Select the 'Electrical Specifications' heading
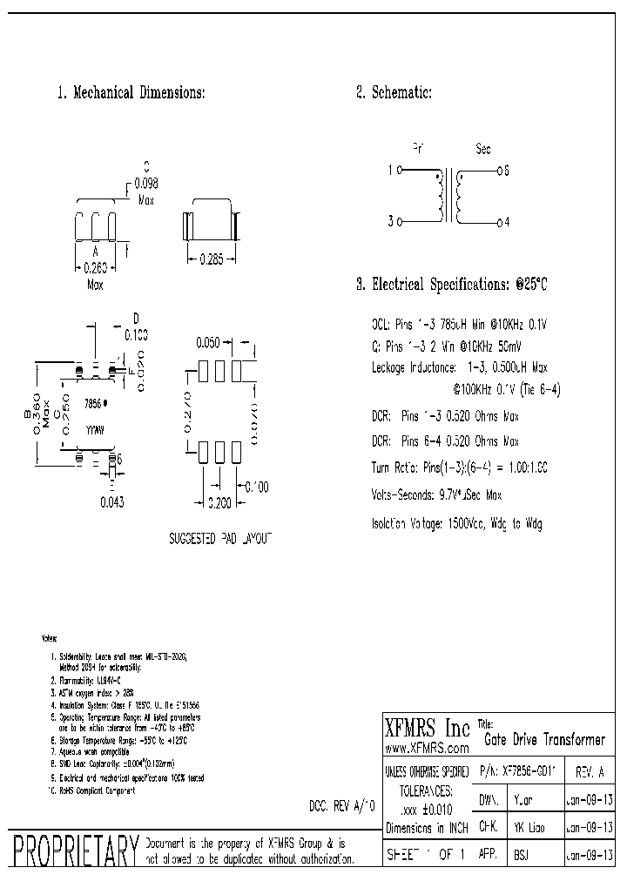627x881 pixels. (453, 285)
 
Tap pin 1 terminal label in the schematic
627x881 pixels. (390, 171)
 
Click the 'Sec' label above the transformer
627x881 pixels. (483, 149)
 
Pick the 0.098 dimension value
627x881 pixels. (145, 183)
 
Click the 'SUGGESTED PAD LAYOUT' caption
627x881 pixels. (220, 540)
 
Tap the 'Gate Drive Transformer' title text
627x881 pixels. (544, 740)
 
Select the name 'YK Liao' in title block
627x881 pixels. (528, 827)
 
